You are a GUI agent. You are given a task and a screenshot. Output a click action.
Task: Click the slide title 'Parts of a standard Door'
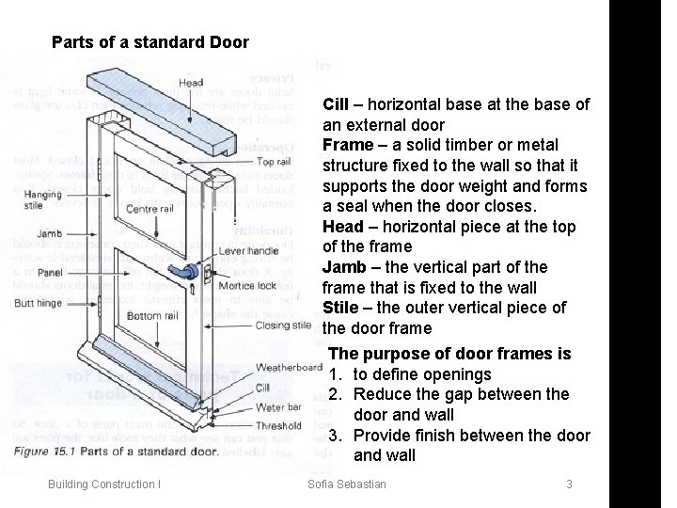150,42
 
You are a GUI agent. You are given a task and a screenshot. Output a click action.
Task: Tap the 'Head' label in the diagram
191,83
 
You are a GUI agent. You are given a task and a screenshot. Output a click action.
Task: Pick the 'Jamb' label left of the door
24,233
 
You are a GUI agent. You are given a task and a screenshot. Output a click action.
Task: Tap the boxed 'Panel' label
25,272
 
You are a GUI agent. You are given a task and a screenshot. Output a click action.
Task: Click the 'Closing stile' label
283,325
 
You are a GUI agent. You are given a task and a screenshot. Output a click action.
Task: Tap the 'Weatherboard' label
289,366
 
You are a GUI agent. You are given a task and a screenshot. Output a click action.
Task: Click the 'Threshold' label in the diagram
278,426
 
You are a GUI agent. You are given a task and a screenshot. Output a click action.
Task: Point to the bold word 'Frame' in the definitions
346,145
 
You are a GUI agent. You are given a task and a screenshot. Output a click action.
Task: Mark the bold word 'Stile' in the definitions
341,308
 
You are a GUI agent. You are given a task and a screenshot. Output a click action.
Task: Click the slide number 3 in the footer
569,484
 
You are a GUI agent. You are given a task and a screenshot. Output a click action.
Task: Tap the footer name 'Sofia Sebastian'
347,484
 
